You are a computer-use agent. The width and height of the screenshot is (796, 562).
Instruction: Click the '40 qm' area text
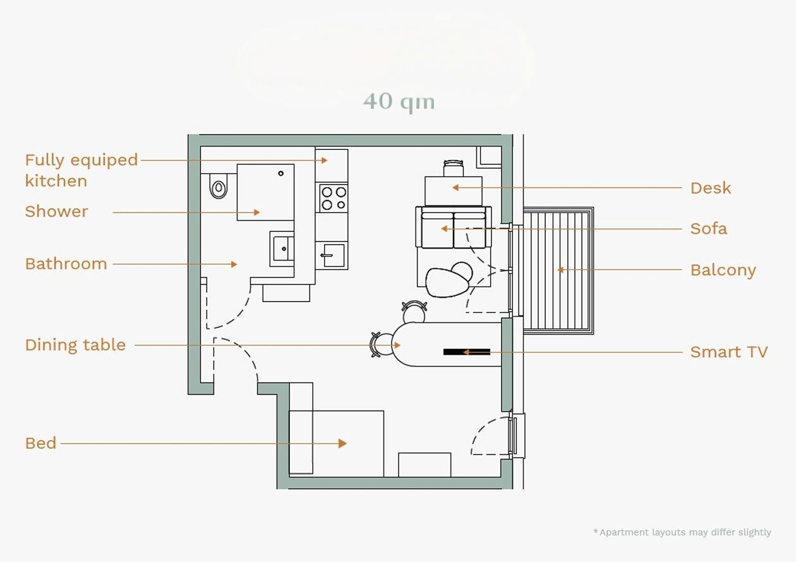[399, 102]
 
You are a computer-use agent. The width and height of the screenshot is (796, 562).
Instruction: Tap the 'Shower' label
[56, 211]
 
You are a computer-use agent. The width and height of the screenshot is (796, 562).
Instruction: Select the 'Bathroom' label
[66, 264]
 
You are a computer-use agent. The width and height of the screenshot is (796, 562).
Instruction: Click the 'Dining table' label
[75, 345]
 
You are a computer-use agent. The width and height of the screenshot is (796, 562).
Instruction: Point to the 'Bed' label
[41, 443]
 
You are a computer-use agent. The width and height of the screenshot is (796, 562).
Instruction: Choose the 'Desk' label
[711, 188]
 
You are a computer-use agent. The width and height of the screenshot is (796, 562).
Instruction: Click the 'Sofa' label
[709, 228]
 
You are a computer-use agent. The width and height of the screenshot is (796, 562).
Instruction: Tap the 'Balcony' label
[723, 271]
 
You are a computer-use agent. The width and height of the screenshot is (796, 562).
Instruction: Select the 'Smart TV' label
[729, 351]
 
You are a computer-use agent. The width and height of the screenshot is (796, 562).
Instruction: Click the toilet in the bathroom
[219, 186]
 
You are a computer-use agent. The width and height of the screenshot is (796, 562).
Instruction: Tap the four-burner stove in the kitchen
[334, 198]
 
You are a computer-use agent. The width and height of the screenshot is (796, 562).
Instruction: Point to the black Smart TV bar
[467, 351]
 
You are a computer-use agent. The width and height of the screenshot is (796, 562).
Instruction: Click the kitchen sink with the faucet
[334, 255]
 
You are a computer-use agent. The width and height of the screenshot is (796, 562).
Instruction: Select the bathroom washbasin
[282, 248]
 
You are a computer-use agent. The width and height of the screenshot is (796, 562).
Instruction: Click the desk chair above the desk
[454, 168]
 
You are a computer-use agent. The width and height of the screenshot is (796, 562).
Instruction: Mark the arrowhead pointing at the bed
[342, 443]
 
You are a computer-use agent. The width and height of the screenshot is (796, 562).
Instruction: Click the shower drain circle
[280, 174]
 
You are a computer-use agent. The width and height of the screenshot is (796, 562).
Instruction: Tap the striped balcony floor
[557, 271]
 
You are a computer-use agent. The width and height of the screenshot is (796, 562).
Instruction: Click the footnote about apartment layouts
[682, 532]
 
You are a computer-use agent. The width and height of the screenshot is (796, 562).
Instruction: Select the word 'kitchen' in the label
[56, 181]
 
